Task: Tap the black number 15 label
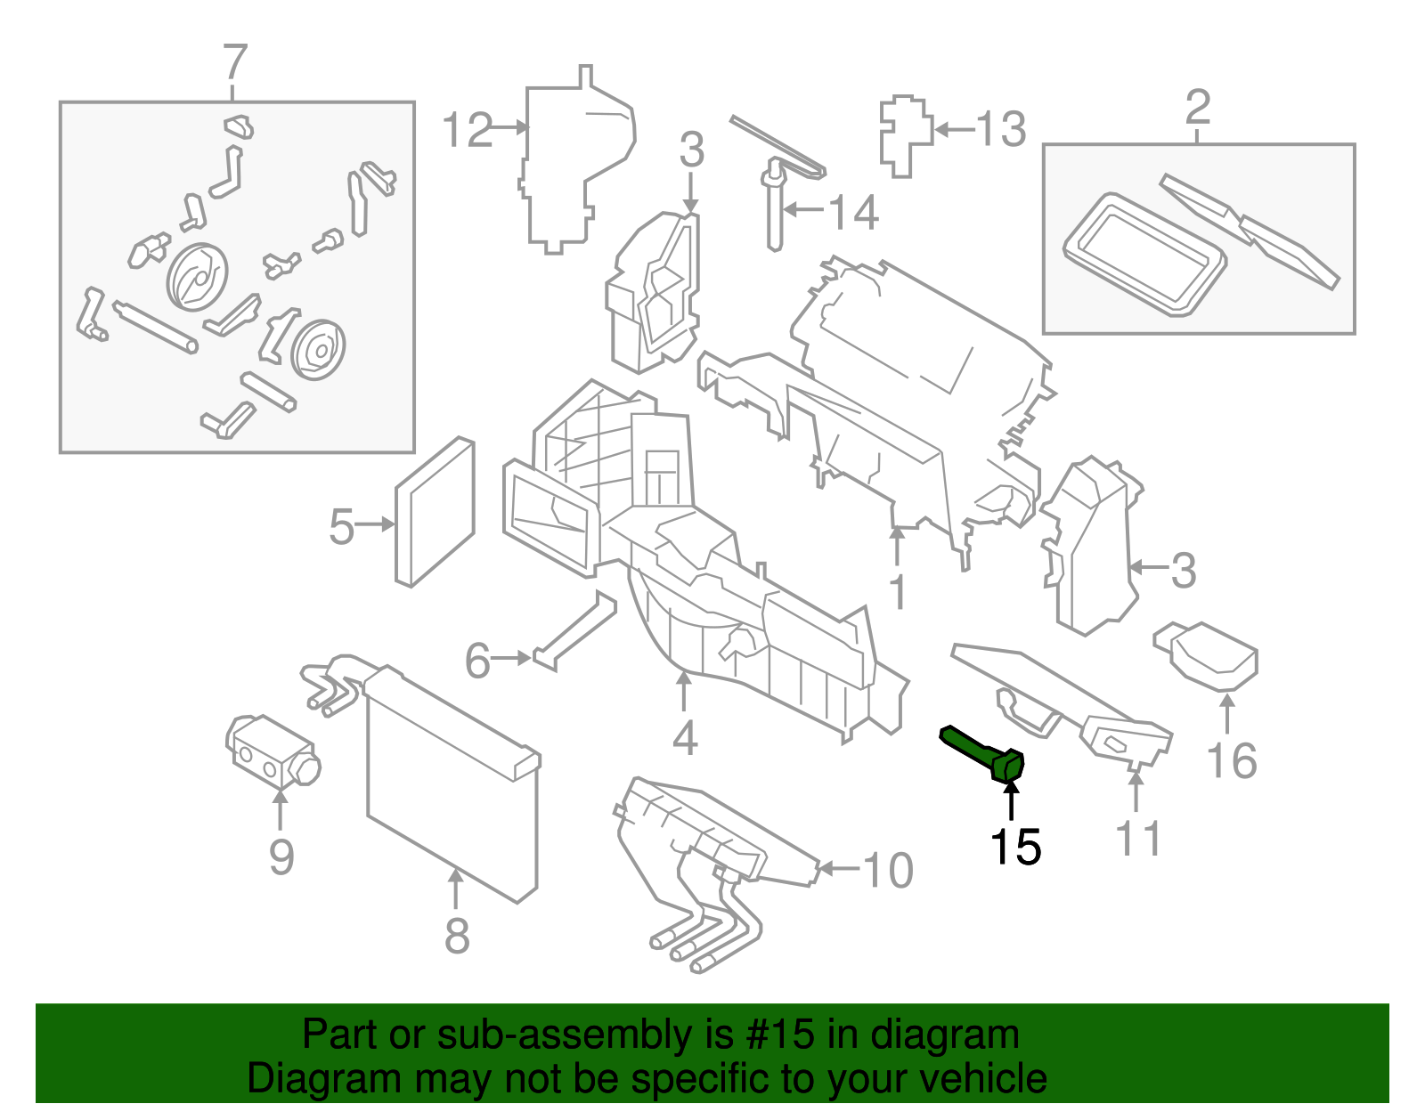click(x=1014, y=847)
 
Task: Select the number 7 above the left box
click(x=234, y=63)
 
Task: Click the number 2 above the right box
click(x=1198, y=108)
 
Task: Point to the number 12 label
click(x=467, y=130)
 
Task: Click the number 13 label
click(x=1001, y=130)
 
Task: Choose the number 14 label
click(x=853, y=213)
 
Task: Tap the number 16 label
click(x=1232, y=761)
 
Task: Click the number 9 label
click(x=281, y=856)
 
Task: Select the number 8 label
click(x=457, y=936)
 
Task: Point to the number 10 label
click(x=888, y=870)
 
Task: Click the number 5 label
click(x=341, y=527)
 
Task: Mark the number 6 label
click(x=477, y=661)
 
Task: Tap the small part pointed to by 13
click(x=905, y=134)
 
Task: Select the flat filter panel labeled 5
click(x=436, y=511)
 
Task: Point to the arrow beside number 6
click(x=512, y=659)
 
